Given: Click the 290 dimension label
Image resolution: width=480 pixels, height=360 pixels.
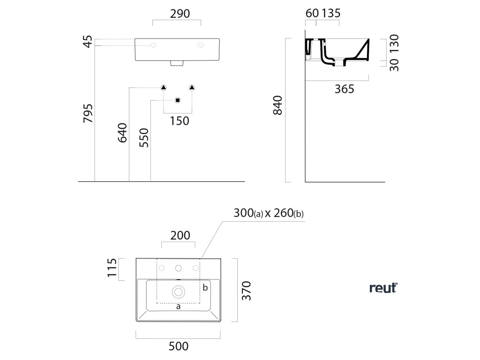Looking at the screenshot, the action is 177,14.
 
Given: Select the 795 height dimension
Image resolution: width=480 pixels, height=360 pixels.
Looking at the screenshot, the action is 88,113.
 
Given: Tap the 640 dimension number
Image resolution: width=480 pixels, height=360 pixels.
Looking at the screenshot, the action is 122,133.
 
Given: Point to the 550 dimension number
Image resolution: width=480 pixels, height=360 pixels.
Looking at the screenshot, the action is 144,138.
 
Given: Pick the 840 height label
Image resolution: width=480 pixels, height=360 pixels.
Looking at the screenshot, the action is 277,105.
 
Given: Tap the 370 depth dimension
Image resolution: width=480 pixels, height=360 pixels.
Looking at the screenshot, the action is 247,291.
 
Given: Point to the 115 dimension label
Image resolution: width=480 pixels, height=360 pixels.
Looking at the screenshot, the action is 112,269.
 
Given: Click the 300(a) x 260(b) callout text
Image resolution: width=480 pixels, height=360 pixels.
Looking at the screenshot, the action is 269,213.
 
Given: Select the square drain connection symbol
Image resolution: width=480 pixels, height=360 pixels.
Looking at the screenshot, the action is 177,100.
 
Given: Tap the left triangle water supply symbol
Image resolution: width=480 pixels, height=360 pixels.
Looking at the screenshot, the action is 164,87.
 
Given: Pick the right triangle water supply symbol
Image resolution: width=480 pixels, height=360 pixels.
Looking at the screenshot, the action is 192,87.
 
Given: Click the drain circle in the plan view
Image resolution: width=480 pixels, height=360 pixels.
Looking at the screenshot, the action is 179,292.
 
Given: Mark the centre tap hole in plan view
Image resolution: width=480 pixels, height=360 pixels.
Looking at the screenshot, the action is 179,268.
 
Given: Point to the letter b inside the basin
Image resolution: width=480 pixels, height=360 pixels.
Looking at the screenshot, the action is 205,287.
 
